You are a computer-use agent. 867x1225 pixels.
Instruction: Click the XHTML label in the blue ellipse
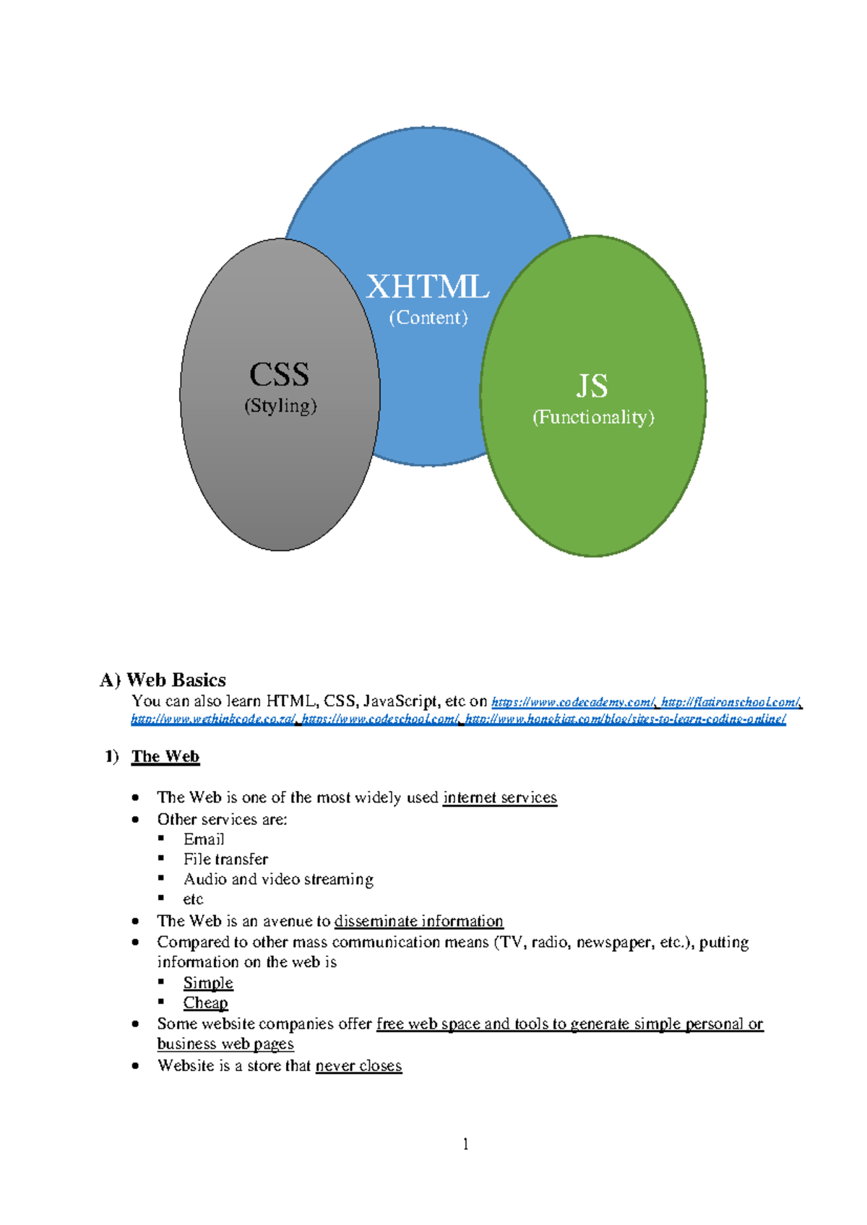[428, 287]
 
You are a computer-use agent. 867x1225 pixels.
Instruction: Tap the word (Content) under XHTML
[428, 318]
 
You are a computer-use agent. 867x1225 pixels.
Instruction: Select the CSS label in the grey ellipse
[279, 374]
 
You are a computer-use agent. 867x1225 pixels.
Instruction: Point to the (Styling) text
[280, 406]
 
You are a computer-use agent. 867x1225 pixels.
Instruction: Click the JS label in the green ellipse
[592, 386]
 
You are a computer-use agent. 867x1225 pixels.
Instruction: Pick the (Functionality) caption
[593, 417]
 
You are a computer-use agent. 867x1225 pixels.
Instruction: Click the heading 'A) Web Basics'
[163, 680]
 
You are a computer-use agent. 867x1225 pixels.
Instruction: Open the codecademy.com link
[573, 702]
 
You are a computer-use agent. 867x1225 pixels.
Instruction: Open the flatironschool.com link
[730, 702]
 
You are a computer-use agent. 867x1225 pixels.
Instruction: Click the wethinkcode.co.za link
[213, 719]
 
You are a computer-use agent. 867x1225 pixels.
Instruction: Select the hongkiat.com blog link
[626, 719]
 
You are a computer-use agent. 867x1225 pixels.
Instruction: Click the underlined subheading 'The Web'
[165, 756]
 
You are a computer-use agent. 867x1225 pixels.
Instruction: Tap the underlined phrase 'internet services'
[500, 797]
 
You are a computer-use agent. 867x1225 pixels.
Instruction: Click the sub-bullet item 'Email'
[204, 839]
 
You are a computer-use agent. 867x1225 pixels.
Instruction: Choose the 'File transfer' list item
[225, 859]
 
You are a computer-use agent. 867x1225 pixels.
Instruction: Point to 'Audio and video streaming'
[278, 879]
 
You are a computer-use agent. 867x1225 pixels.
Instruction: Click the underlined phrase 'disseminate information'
[419, 921]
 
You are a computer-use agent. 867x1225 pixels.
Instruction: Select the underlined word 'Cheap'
[205, 1003]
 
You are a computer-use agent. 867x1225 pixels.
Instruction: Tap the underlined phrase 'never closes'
[358, 1065]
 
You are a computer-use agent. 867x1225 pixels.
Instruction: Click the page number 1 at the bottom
[465, 1143]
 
